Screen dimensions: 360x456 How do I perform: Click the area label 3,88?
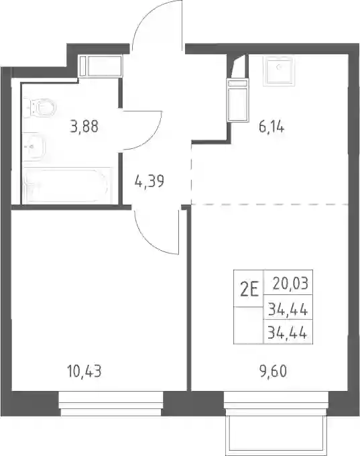(84, 127)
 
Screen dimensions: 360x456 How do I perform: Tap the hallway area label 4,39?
(149, 181)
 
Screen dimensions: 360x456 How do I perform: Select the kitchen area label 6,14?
(272, 127)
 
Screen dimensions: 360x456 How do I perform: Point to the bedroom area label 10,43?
(84, 372)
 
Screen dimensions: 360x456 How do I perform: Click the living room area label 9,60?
(274, 372)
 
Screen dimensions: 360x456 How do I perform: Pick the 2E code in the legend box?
(249, 290)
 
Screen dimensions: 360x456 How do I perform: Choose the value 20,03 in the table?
(290, 283)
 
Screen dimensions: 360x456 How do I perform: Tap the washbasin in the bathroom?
(34, 147)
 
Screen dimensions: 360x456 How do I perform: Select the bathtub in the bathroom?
(67, 185)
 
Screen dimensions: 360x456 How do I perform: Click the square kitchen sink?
(279, 70)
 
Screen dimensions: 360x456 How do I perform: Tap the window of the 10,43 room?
(111, 404)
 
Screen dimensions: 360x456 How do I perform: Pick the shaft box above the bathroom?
(100, 66)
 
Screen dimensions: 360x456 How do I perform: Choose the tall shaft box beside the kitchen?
(238, 99)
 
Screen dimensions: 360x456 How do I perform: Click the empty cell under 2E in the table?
(249, 325)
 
